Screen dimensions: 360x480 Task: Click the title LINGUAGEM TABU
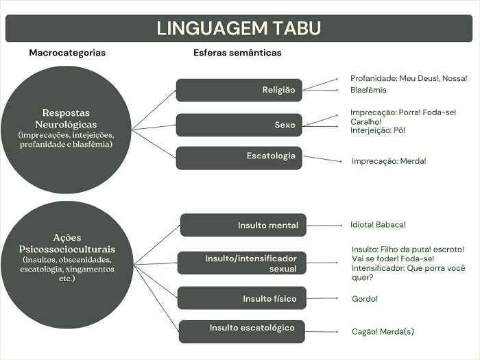(x=239, y=28)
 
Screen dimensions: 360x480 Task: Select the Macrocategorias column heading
(x=67, y=53)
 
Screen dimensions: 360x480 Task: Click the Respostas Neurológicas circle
(x=66, y=128)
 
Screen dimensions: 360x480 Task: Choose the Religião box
(x=239, y=90)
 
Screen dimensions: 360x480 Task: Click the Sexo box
(x=239, y=125)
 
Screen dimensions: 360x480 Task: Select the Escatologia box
(x=239, y=157)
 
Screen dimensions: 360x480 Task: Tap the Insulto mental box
(x=243, y=225)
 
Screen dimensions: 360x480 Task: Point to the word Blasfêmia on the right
(x=368, y=90)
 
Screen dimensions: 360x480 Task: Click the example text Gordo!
(x=364, y=299)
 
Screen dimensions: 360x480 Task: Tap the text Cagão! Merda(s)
(x=383, y=332)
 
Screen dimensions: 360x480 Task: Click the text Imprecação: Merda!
(x=389, y=161)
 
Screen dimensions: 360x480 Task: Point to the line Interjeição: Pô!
(x=378, y=130)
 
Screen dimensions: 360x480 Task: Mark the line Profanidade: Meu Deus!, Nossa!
(x=409, y=78)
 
